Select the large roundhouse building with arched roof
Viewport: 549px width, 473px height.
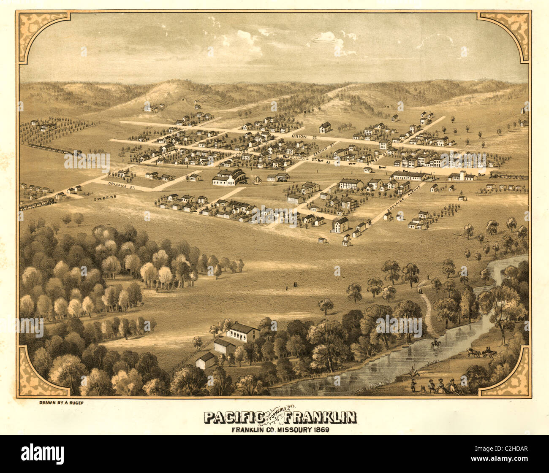pyautogui.click(x=231, y=177)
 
